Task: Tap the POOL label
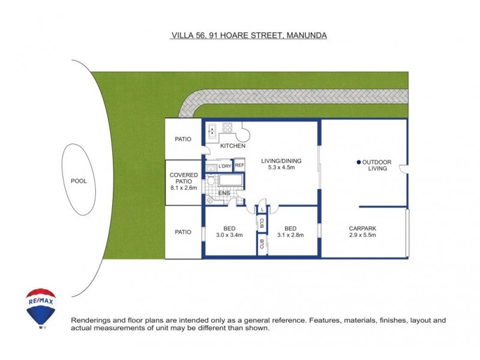(x=79, y=181)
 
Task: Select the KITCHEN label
(x=233, y=146)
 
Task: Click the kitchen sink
(x=212, y=131)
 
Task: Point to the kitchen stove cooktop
(x=227, y=127)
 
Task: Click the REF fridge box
(x=239, y=165)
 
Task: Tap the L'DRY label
(x=224, y=166)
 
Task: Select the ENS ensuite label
(x=224, y=193)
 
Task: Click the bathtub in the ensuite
(x=231, y=180)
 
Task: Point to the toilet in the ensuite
(x=211, y=180)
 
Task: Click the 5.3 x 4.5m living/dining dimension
(x=281, y=167)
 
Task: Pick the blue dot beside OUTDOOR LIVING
(x=359, y=162)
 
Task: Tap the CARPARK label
(x=362, y=229)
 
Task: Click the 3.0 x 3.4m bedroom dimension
(x=229, y=235)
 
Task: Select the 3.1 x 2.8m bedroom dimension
(x=290, y=235)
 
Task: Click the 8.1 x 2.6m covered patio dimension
(x=184, y=188)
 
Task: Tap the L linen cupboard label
(x=262, y=209)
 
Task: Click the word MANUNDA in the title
(x=307, y=35)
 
